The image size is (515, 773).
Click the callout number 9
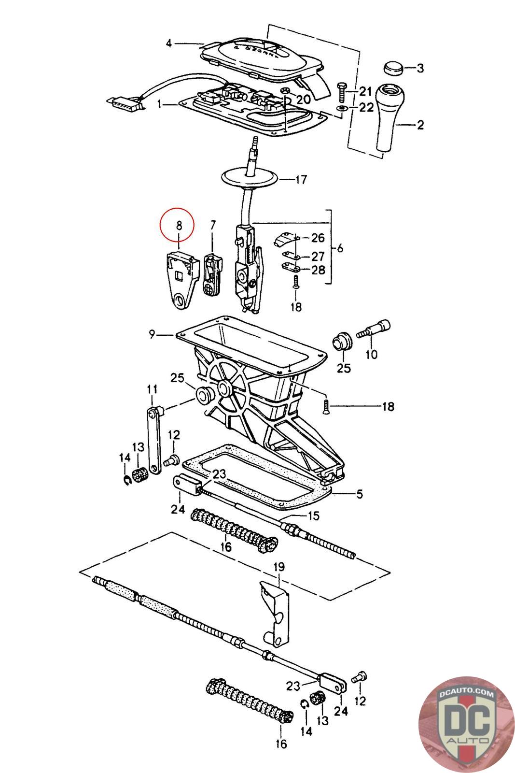pos(152,334)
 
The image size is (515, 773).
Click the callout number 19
pos(279,567)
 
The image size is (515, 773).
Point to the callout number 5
pos(359,494)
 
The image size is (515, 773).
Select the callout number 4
pos(169,43)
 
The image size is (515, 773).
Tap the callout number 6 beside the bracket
pos(340,248)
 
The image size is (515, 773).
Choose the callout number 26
pos(318,238)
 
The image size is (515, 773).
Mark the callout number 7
pos(212,225)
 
